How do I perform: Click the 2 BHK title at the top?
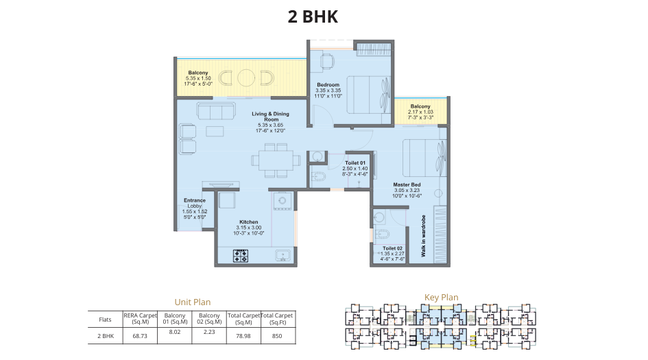(313, 17)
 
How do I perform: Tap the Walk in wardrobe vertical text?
(424, 237)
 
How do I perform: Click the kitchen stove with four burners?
(241, 256)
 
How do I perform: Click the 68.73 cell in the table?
(141, 336)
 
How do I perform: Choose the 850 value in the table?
(276, 336)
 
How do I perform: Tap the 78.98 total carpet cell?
(243, 336)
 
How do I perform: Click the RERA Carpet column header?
(141, 318)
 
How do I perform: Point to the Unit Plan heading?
(192, 302)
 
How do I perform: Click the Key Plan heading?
(441, 297)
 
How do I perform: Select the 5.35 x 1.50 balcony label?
(198, 78)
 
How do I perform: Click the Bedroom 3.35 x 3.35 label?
(328, 90)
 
